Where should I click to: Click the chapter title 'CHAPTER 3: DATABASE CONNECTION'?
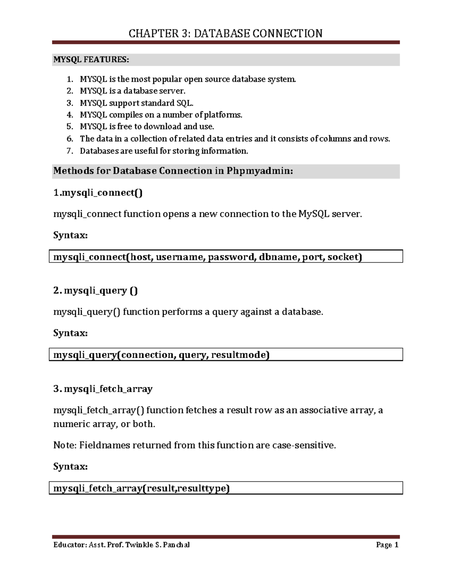tap(225, 34)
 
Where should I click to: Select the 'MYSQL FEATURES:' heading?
tap(91, 60)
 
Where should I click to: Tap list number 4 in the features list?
tap(70, 115)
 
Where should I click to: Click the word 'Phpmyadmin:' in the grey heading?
tap(260, 171)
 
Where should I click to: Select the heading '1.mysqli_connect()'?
tap(98, 193)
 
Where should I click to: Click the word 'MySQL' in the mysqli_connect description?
tap(314, 214)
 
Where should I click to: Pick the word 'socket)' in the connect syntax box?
tap(345, 257)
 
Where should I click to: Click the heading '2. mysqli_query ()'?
tap(96, 290)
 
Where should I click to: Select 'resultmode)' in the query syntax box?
tap(240, 355)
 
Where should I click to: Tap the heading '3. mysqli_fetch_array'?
tap(103, 389)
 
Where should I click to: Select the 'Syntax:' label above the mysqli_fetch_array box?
tap(70, 467)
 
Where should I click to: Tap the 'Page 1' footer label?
tap(387, 545)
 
